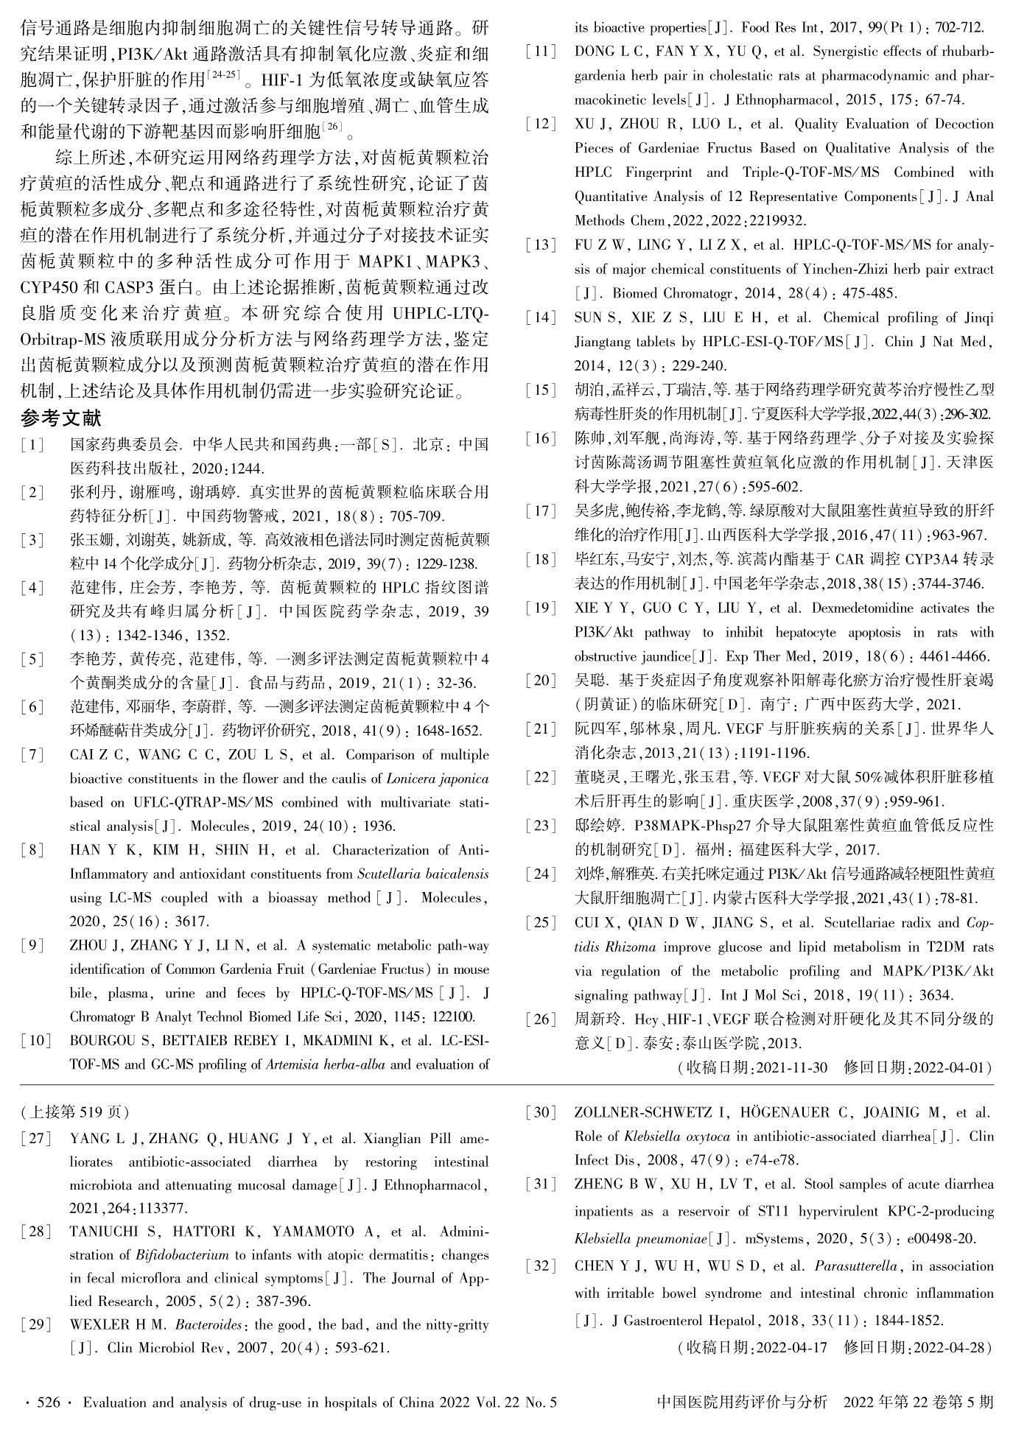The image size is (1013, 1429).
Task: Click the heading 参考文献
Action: [61, 418]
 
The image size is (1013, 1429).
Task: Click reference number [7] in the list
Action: [32, 755]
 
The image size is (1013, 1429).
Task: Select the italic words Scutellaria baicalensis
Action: [422, 874]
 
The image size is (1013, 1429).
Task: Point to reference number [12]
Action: [541, 124]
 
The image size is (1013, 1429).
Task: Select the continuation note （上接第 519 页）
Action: [74, 1112]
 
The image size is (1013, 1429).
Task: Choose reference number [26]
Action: [541, 1019]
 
